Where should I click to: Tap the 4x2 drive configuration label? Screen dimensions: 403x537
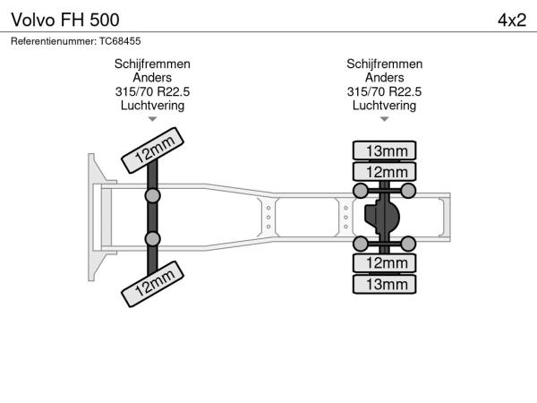[511, 19]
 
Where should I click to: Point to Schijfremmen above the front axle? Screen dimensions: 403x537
[152, 64]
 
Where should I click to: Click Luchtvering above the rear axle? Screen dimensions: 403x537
[384, 105]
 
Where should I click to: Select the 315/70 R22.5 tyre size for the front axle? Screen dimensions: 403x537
[152, 91]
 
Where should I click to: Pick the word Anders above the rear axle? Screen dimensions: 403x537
[384, 78]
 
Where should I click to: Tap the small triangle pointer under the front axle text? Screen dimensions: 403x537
[152, 118]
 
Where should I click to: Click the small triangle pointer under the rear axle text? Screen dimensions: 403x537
[384, 118]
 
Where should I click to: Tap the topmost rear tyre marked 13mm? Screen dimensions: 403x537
[386, 150]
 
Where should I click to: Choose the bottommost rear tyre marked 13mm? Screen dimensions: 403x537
[386, 284]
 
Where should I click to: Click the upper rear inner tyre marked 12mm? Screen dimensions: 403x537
[386, 171]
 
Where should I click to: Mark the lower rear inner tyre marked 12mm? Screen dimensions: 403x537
[386, 263]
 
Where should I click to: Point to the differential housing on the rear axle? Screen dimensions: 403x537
[384, 217]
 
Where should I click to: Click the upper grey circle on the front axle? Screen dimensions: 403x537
[153, 195]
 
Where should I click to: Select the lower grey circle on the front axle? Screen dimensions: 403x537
[153, 238]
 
